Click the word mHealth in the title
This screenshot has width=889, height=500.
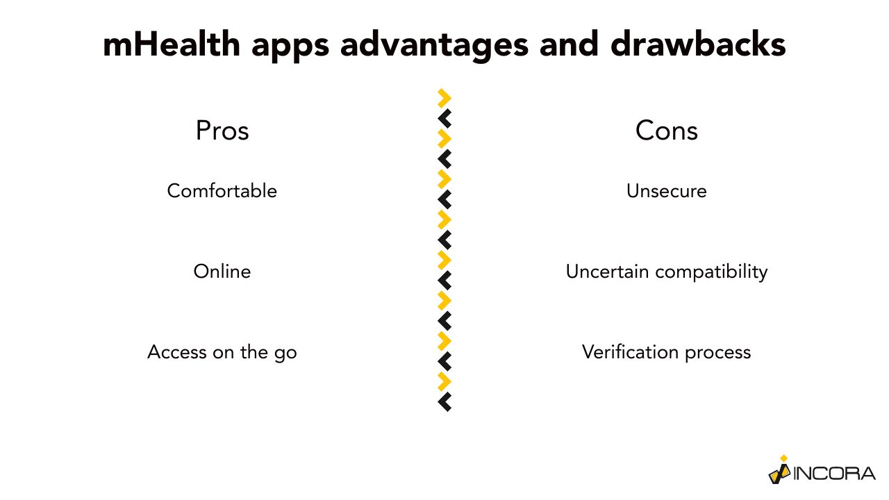pos(172,44)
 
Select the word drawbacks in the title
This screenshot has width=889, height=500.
pos(698,44)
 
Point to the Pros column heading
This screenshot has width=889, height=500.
pos(222,131)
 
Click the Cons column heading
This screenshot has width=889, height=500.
pos(666,131)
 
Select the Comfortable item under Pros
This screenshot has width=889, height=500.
pos(222,191)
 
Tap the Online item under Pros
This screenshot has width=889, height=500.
pos(222,272)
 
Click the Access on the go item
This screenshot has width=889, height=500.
pos(222,352)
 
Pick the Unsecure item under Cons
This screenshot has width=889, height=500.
pos(666,191)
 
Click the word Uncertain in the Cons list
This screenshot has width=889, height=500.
pos(607,272)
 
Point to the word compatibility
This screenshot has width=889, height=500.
pos(711,273)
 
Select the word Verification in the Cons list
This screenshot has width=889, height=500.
pos(630,352)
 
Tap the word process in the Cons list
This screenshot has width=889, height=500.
pos(717,353)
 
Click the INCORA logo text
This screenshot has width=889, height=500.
pos(834,474)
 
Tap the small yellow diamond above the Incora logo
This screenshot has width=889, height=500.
pos(783,458)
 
